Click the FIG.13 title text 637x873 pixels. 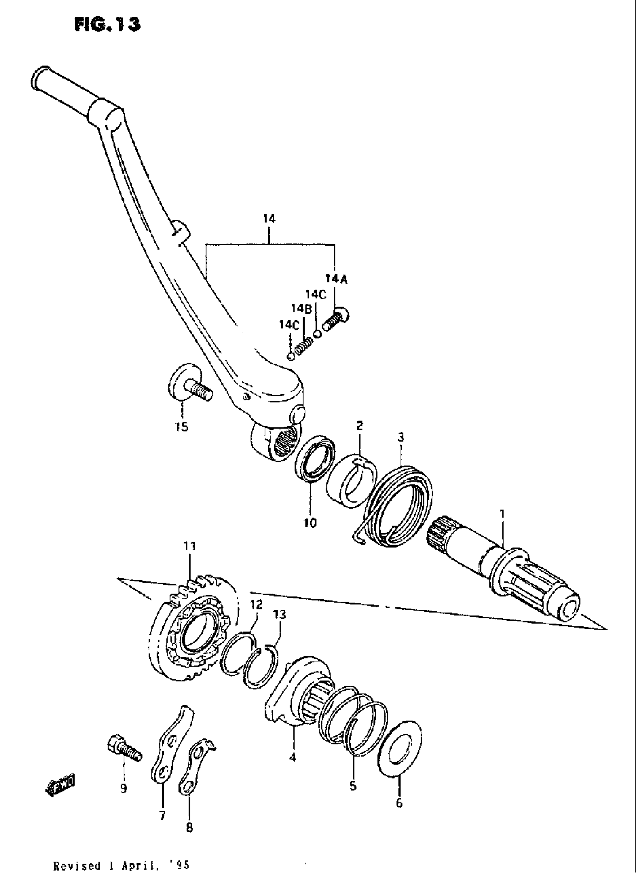(x=108, y=24)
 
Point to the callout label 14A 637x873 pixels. (x=336, y=279)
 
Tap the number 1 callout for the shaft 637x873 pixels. (x=502, y=514)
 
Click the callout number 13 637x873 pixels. (x=280, y=614)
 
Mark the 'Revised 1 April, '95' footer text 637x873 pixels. (x=121, y=865)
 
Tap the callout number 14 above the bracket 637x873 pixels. (x=269, y=219)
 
